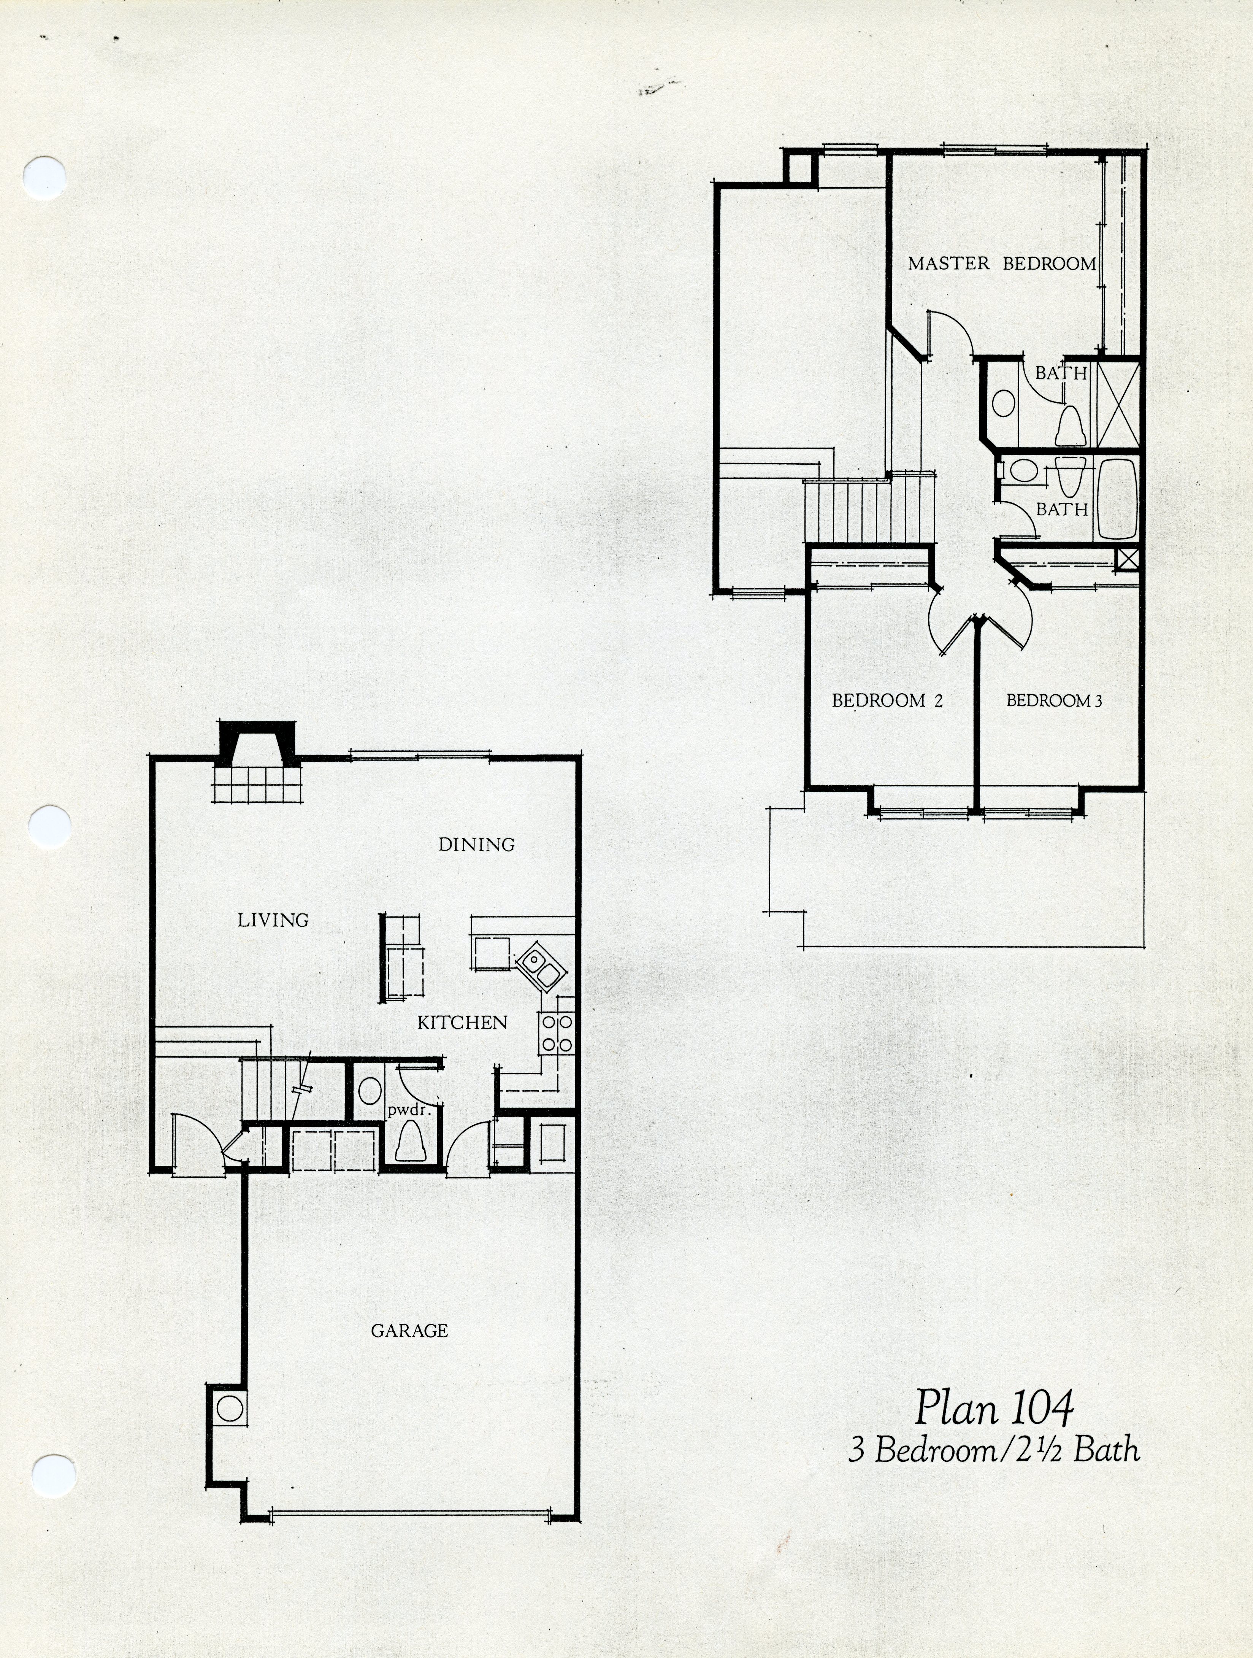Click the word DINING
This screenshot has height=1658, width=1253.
tap(477, 845)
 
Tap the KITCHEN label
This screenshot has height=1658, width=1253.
tap(462, 1023)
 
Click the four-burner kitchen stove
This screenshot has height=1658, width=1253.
tap(556, 1033)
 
